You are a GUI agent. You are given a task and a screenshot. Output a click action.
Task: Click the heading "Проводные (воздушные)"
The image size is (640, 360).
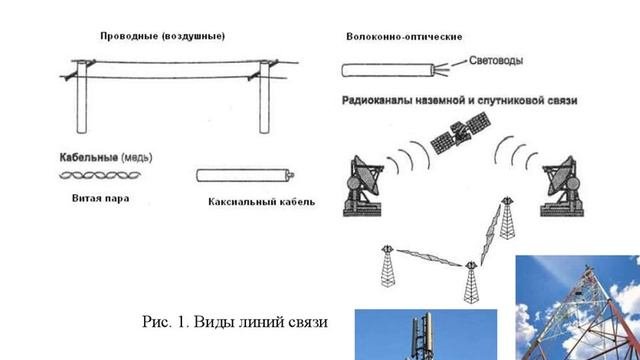(162, 36)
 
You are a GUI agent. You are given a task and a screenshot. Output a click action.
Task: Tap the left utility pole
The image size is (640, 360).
(82, 97)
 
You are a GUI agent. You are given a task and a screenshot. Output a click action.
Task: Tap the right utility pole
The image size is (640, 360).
(264, 97)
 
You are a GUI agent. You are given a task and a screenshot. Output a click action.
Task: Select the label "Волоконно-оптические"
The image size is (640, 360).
(404, 37)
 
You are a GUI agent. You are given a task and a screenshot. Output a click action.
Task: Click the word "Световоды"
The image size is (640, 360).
(496, 60)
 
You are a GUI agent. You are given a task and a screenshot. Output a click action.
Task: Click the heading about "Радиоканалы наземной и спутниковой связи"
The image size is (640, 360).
(460, 100)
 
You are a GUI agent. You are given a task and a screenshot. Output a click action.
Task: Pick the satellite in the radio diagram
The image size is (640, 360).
(460, 133)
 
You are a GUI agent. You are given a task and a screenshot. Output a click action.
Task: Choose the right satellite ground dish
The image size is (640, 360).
(562, 187)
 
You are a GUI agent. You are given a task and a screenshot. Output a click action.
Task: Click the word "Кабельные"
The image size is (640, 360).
(89, 157)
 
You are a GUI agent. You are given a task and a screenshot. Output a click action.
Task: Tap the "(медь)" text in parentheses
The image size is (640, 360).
(137, 157)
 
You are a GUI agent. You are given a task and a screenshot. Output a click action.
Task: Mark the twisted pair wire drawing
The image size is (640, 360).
(100, 176)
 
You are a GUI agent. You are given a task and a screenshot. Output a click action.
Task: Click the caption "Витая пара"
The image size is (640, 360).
(100, 198)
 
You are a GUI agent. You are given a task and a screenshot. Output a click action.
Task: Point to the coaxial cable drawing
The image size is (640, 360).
(245, 176)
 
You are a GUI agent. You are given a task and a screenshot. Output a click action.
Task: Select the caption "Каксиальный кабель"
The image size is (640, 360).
(262, 202)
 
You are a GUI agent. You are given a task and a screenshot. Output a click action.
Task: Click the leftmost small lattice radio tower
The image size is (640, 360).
(387, 266)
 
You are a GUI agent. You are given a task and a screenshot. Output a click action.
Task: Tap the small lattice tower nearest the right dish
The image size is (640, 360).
(507, 218)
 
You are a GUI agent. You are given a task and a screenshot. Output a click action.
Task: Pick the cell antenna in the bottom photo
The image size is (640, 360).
(422, 336)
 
